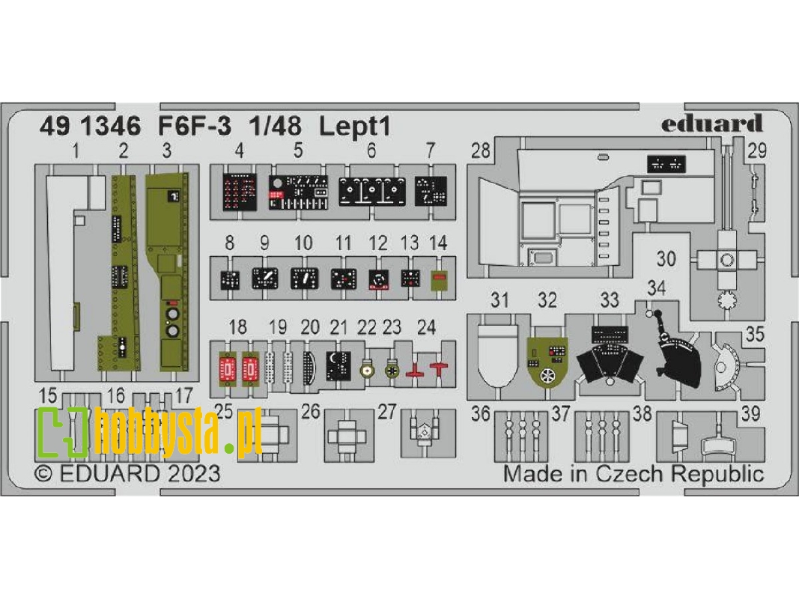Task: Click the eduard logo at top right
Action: coord(711,124)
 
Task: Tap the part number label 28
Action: coord(480,150)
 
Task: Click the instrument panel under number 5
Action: coord(298,192)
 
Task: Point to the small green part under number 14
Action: coord(438,280)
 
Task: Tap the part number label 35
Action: coord(754,335)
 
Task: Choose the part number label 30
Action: coord(666,259)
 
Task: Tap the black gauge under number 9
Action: coord(264,279)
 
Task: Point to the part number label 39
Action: coord(751,413)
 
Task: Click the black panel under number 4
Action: coord(239,192)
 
